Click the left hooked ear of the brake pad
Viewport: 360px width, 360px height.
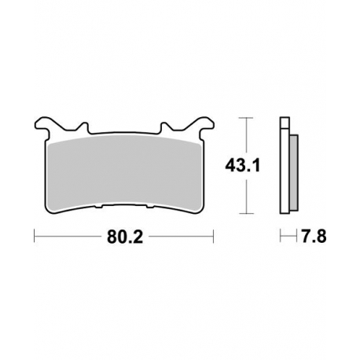44,125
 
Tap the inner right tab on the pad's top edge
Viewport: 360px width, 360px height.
164,127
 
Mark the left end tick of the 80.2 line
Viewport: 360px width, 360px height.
35,234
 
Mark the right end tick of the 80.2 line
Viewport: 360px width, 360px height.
215,234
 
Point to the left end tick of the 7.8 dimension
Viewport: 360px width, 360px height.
281,234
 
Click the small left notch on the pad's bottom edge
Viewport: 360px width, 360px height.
97,208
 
